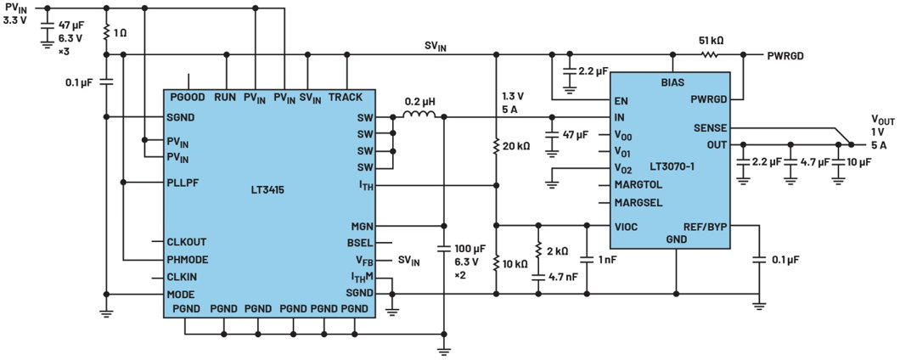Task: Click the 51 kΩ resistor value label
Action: click(x=709, y=40)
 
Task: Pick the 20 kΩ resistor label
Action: click(x=515, y=146)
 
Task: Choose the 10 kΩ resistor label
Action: click(x=515, y=263)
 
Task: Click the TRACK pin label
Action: click(x=346, y=98)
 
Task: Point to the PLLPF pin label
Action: click(x=186, y=182)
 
